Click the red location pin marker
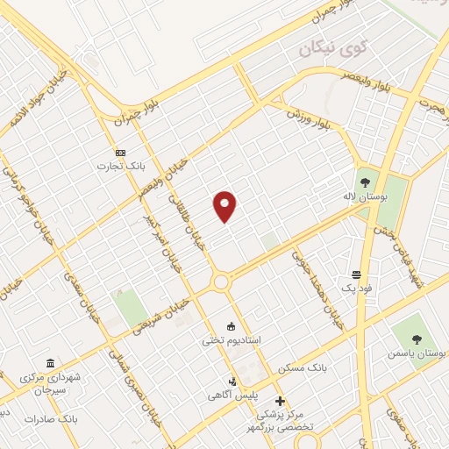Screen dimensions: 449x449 point(225,207)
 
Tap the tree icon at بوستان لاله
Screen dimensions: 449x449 point(365,174)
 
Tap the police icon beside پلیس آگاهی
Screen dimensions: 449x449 point(233,381)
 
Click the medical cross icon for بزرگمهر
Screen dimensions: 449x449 point(280,400)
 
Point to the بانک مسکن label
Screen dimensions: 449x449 point(303,367)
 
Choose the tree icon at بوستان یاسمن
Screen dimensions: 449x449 point(405,339)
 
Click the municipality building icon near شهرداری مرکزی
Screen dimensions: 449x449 point(50,364)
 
